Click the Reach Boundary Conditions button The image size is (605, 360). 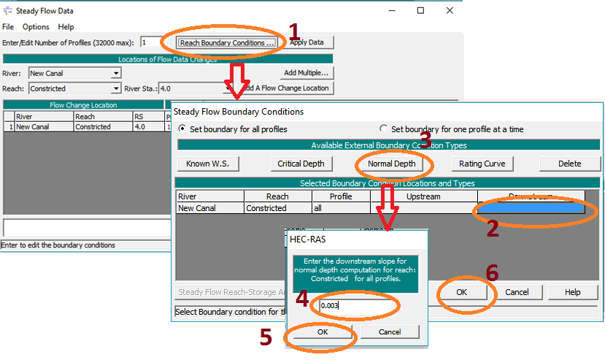[227, 42]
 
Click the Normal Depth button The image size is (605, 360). [392, 164]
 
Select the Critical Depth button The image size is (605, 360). [301, 164]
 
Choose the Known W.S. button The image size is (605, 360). [207, 164]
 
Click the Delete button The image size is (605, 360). [569, 164]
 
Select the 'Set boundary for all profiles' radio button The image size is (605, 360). [182, 129]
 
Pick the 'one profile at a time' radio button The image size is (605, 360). [383, 129]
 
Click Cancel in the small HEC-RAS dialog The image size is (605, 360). [390, 332]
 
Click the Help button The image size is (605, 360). [573, 291]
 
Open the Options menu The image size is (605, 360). [36, 27]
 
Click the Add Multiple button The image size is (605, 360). [306, 73]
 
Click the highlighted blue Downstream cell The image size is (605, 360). [531, 208]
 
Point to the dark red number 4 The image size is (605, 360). [302, 299]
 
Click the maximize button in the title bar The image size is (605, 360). [421, 11]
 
